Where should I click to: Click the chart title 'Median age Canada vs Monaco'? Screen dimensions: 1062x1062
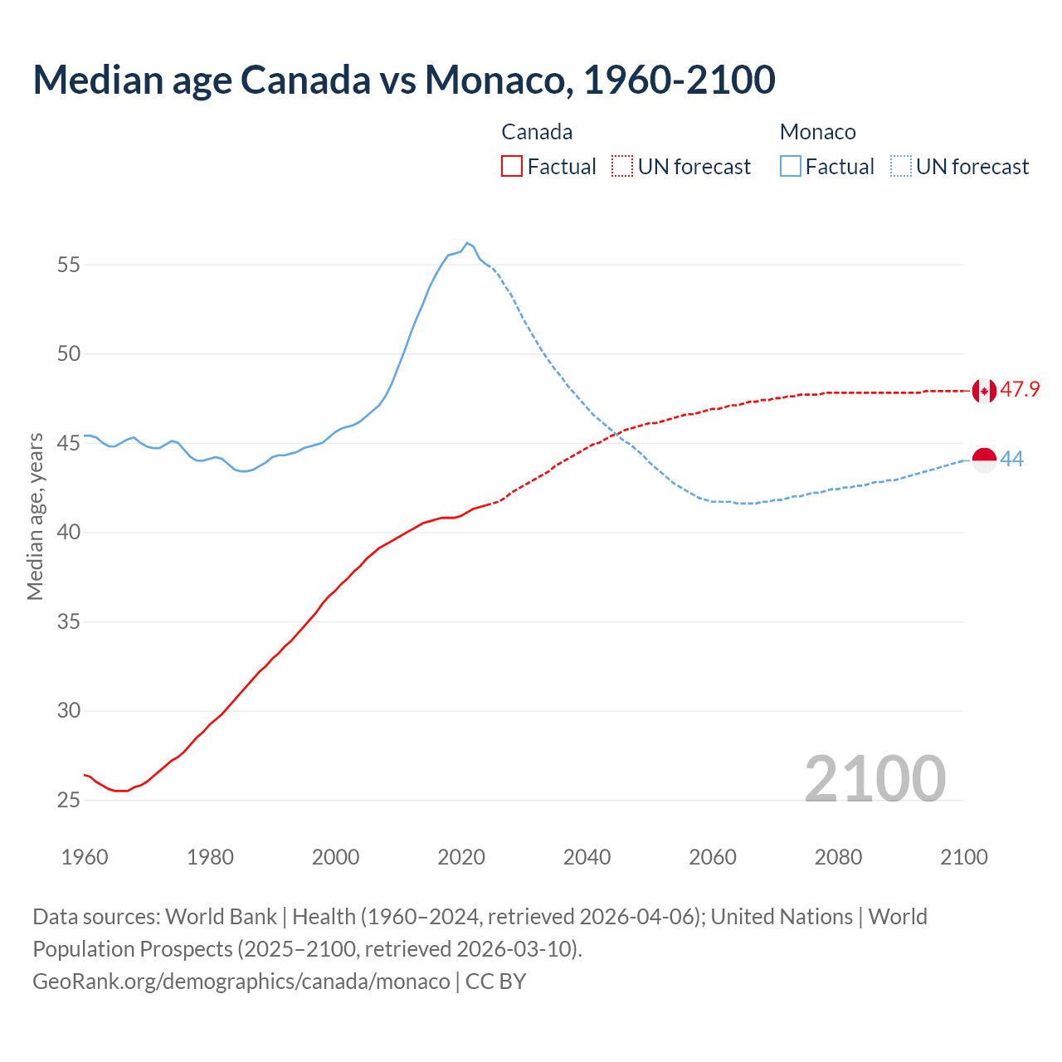pyautogui.click(x=404, y=80)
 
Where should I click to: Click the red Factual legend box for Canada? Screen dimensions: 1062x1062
pyautogui.click(x=512, y=167)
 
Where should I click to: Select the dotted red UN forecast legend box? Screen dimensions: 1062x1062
pyautogui.click(x=622, y=167)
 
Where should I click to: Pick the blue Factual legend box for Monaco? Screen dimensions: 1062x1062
pyautogui.click(x=791, y=167)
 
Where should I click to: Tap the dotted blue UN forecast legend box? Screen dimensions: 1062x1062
pyautogui.click(x=901, y=167)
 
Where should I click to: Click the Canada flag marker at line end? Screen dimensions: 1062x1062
pyautogui.click(x=984, y=390)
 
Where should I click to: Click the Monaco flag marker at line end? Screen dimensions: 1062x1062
pyautogui.click(x=984, y=460)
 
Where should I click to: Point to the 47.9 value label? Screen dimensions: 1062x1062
pyautogui.click(x=1020, y=390)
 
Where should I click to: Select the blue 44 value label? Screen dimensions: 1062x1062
pyautogui.click(x=1012, y=460)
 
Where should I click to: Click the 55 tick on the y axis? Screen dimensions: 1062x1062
pyautogui.click(x=68, y=265)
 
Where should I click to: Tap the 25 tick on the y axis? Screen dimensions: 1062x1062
pyautogui.click(x=68, y=801)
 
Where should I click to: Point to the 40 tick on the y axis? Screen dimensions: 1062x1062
pyautogui.click(x=68, y=533)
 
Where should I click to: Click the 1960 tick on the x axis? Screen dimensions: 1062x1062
pyautogui.click(x=85, y=857)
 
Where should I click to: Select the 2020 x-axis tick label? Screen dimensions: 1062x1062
pyautogui.click(x=461, y=857)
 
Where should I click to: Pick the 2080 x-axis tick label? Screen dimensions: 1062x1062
pyautogui.click(x=838, y=857)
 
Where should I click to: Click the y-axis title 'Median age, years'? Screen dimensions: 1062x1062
pyautogui.click(x=35, y=516)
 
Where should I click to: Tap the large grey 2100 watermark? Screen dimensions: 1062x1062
pyautogui.click(x=874, y=778)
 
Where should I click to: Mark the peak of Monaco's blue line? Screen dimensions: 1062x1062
pyautogui.click(x=467, y=243)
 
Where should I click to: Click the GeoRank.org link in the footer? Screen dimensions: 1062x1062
pyautogui.click(x=241, y=982)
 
